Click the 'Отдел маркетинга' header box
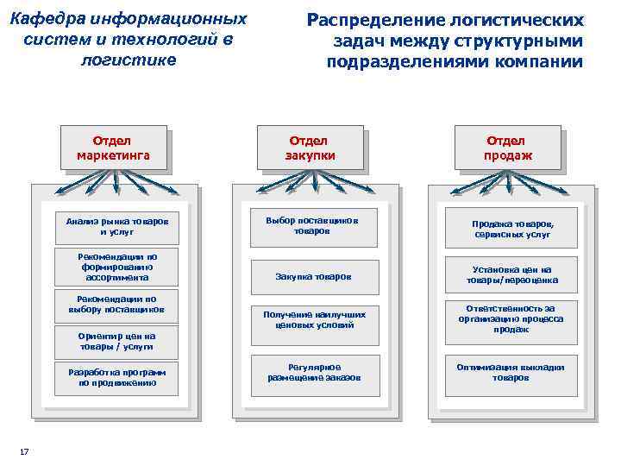[x=113, y=148]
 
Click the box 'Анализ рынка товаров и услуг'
[x=116, y=227]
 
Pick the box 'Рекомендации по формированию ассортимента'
[x=116, y=268]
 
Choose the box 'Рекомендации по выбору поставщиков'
[x=116, y=305]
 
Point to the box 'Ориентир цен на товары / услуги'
[x=116, y=341]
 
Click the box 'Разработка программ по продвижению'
[x=116, y=378]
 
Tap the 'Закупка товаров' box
[x=314, y=277]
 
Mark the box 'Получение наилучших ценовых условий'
[x=314, y=320]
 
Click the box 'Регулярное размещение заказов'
[x=314, y=372]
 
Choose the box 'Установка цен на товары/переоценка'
[x=513, y=274]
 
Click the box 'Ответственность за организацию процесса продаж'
[x=513, y=318]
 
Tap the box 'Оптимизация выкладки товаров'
[x=513, y=372]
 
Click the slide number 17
[x=24, y=451]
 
